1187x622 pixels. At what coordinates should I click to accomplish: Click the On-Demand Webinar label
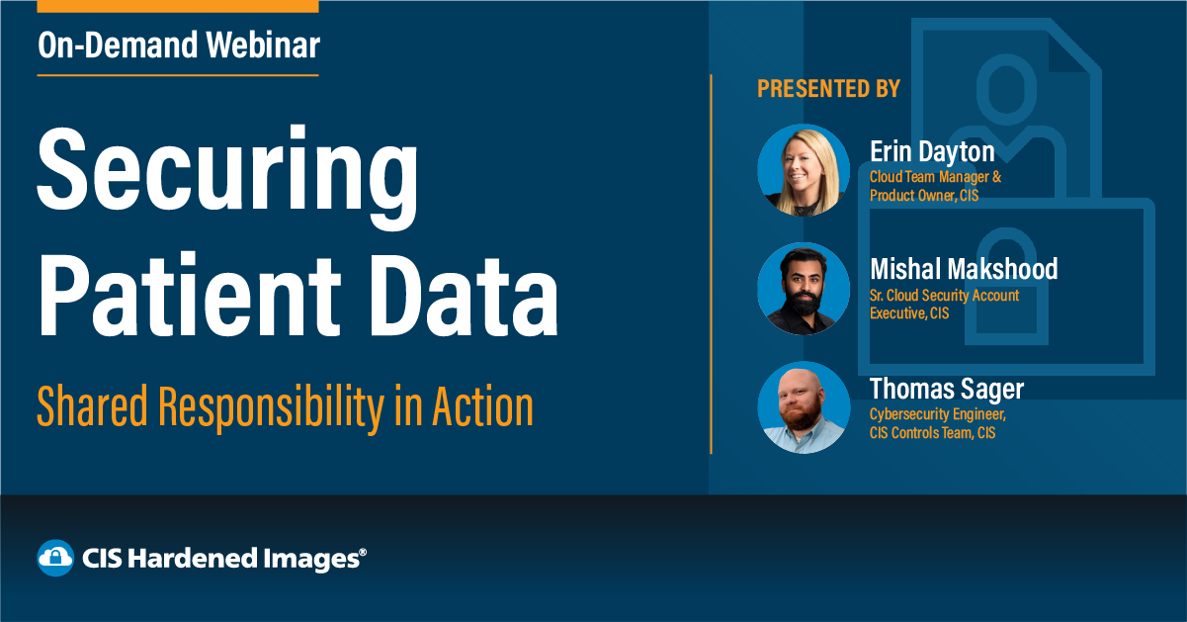tap(179, 45)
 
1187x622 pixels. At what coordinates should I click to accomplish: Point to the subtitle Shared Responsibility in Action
tap(285, 406)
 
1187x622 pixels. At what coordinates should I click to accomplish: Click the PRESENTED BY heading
tap(828, 89)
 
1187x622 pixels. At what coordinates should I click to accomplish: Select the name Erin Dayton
tap(932, 151)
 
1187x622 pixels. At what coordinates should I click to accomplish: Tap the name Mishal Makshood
tap(964, 269)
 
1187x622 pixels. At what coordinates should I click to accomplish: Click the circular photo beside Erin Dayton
tap(804, 170)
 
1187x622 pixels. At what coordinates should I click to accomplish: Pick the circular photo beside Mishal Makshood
tap(804, 289)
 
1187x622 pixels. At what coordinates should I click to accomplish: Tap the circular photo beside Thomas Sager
tap(804, 407)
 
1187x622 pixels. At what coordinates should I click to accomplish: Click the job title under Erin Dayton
tap(934, 186)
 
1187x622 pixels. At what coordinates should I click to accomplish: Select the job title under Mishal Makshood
tap(944, 305)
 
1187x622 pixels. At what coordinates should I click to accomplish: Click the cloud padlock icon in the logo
tap(55, 558)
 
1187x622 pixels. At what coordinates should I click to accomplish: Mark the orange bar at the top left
tap(177, 6)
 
